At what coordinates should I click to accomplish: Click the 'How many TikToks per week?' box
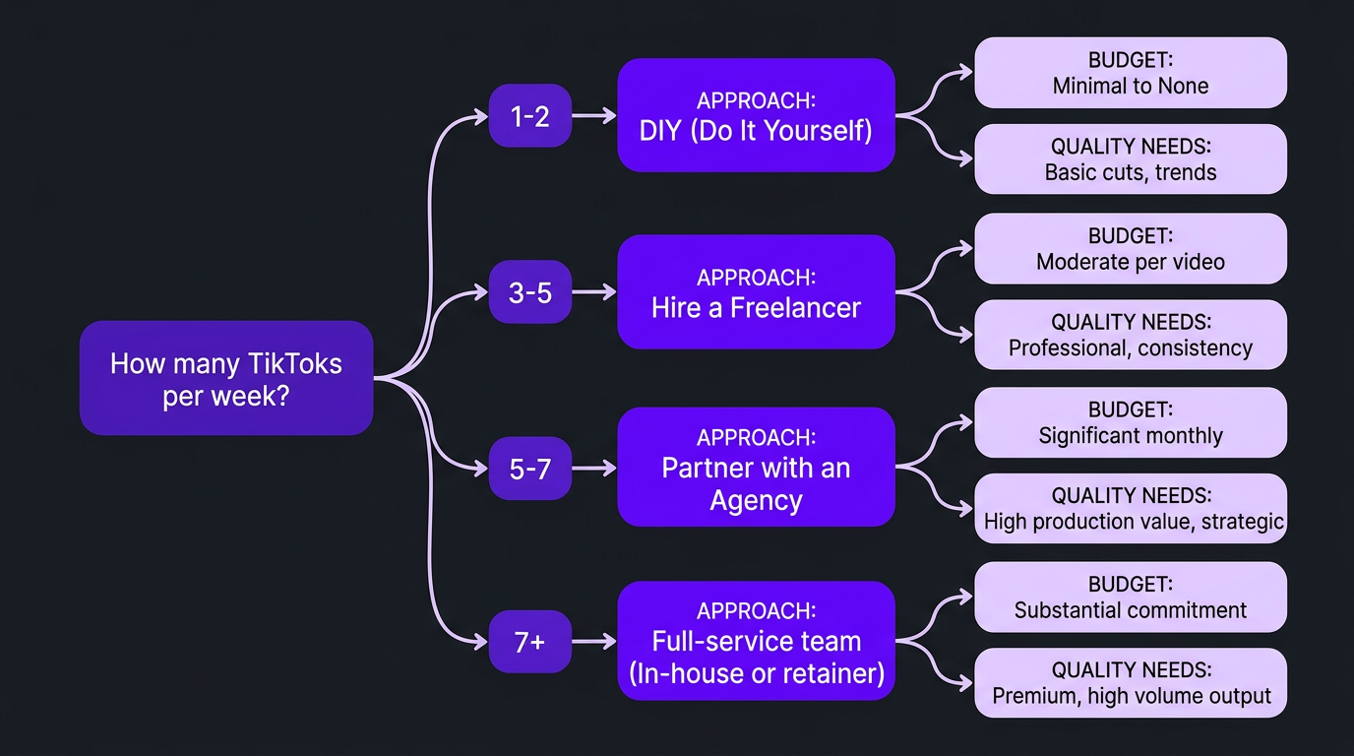coord(226,378)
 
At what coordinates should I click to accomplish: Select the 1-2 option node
coord(529,116)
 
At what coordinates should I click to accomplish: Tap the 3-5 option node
coord(529,291)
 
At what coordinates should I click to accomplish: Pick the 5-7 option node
coord(529,468)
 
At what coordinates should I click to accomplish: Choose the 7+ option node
coord(529,642)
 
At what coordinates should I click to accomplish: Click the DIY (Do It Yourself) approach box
coord(756,115)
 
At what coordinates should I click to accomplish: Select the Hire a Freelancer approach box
coord(756,291)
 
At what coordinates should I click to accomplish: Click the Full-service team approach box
coord(756,641)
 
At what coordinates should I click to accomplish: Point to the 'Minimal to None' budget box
coord(1130,73)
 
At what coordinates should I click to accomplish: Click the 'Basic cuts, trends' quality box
coord(1130,159)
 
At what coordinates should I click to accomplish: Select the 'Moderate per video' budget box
coord(1130,248)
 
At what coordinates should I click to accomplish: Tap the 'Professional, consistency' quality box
coord(1130,335)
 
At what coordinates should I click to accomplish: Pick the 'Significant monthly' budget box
coord(1130,422)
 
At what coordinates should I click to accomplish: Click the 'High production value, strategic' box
coord(1130,509)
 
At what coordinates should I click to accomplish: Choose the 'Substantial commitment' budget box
coord(1130,598)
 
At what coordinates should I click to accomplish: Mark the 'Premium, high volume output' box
coord(1130,683)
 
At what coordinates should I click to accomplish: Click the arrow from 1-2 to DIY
coord(594,116)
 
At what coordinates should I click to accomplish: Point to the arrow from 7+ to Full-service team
coord(594,642)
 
